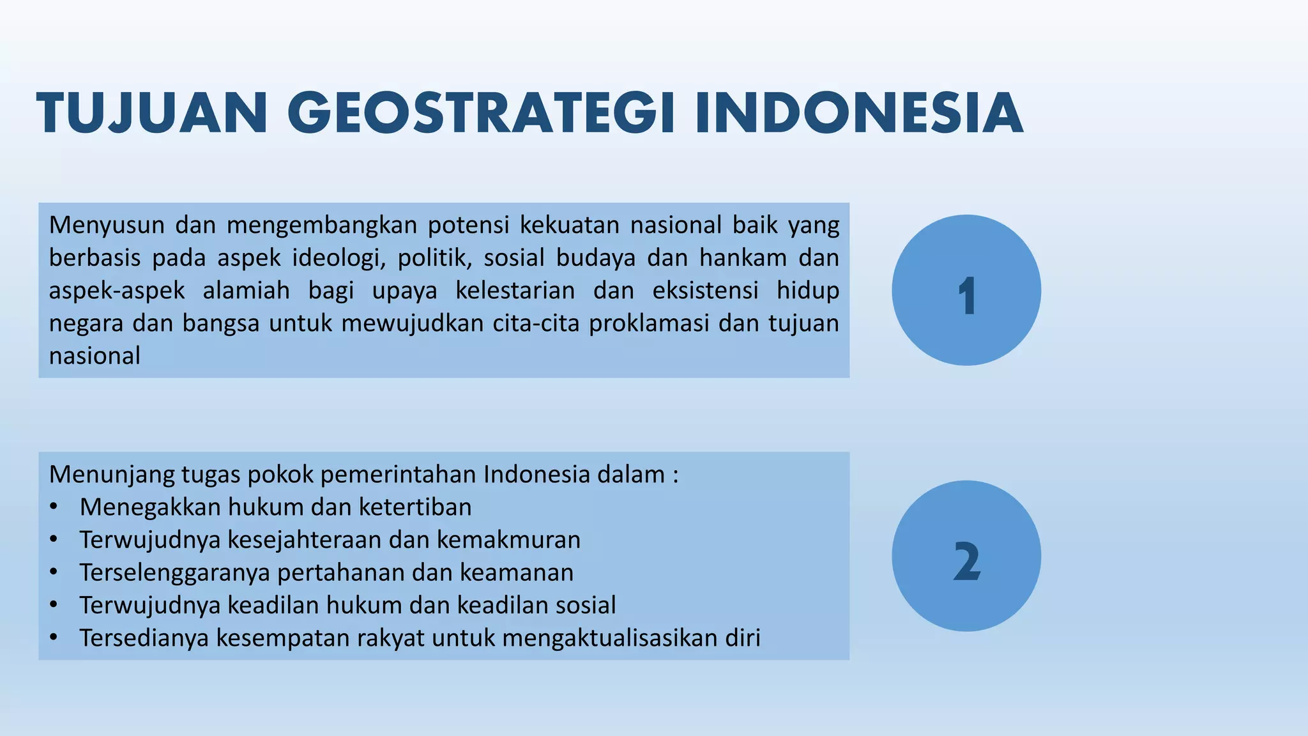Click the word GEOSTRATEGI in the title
(x=485, y=114)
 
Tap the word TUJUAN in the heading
(x=152, y=114)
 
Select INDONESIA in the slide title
(x=859, y=114)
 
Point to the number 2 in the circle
(x=966, y=561)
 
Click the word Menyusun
(x=107, y=225)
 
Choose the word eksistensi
(x=705, y=290)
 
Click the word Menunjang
(x=111, y=474)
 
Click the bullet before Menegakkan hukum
(x=54, y=507)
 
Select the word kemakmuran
(x=508, y=539)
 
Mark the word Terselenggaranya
(x=174, y=572)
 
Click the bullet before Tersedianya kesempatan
(x=54, y=638)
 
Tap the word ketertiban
(x=415, y=507)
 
